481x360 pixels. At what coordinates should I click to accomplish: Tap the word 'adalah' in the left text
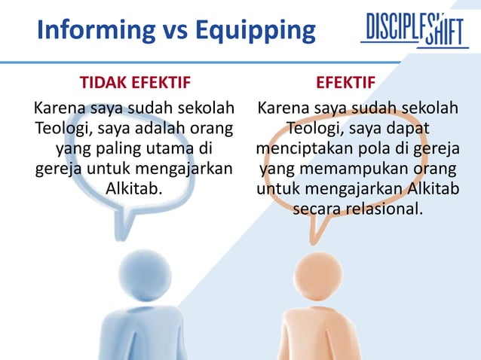point(161,128)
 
